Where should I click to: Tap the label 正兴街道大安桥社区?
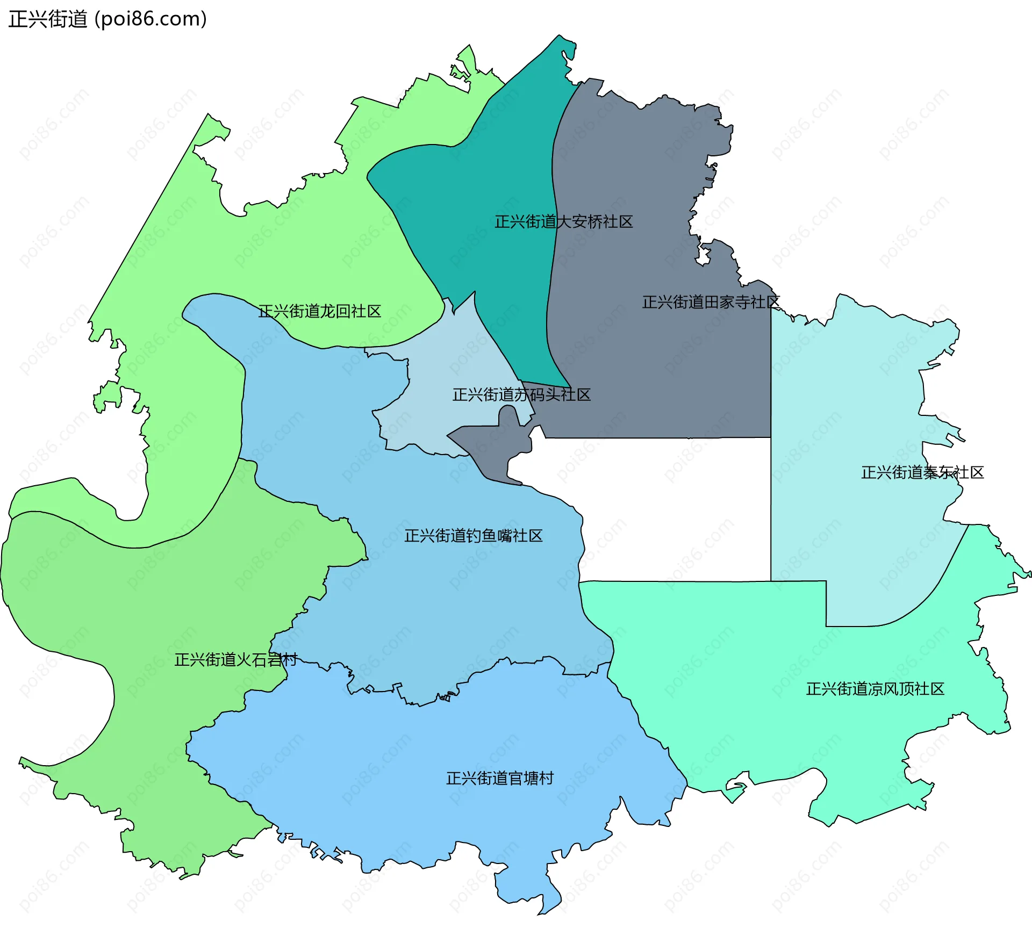point(563,222)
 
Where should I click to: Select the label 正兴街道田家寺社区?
point(711,303)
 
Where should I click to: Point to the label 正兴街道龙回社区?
point(319,312)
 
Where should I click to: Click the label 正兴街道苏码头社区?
point(521,395)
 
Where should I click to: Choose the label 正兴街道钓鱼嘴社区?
point(473,536)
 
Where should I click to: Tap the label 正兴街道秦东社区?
point(922,473)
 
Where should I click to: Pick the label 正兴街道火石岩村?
point(235,660)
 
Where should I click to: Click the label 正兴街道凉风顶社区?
point(875,689)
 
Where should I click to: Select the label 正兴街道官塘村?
point(500,779)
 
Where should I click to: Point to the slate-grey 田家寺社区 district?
point(645,376)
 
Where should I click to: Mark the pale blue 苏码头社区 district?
point(457,355)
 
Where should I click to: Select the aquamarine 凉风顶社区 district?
point(752,699)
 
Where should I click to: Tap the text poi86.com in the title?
point(150,19)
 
